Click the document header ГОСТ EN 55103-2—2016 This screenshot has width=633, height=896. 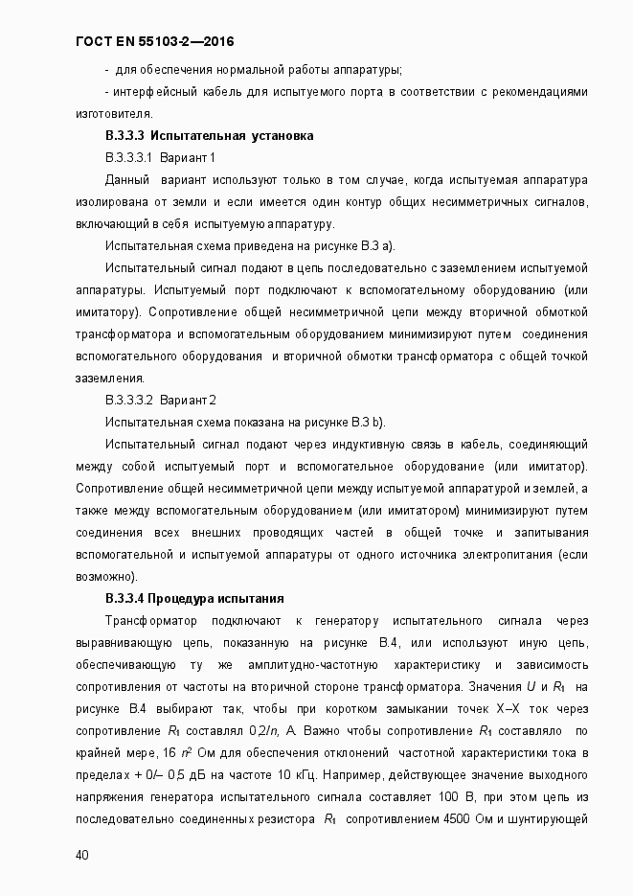(154, 42)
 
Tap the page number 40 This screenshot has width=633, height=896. (81, 855)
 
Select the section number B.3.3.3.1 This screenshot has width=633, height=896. (129, 157)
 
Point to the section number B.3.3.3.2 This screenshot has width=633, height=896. (129, 400)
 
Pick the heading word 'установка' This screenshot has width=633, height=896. (283, 135)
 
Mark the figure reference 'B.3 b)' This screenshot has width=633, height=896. (367, 422)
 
